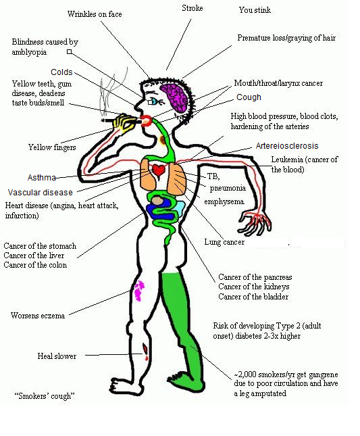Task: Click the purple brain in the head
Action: (x=175, y=98)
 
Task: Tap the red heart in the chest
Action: (x=159, y=170)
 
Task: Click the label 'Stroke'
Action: (x=192, y=8)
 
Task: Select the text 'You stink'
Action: (x=255, y=10)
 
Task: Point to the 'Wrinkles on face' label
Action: (x=95, y=14)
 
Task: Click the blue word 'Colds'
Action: (x=61, y=72)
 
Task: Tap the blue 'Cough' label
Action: (x=249, y=97)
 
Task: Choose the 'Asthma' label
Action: (x=42, y=177)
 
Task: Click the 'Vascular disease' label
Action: (x=41, y=193)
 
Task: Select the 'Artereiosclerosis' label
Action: (x=287, y=146)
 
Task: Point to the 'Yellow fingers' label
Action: (x=52, y=147)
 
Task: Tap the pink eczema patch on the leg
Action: (x=139, y=291)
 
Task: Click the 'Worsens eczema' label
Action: (x=38, y=315)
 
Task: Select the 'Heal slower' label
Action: (x=57, y=356)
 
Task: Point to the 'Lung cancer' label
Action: (x=224, y=242)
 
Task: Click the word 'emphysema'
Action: (x=224, y=201)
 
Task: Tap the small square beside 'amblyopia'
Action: (x=69, y=52)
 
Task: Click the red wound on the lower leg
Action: (x=145, y=352)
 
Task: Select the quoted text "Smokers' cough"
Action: (x=45, y=395)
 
